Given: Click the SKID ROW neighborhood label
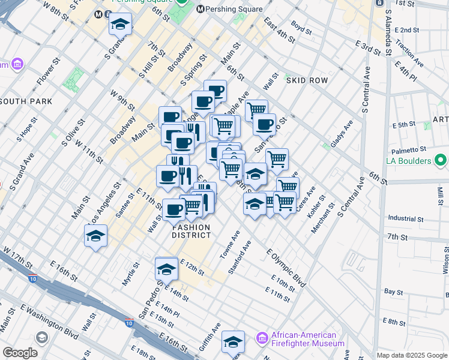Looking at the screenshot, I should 307,80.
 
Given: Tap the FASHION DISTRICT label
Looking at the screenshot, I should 192,231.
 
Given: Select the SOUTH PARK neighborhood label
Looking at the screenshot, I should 26,102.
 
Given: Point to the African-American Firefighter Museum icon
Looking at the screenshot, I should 262,339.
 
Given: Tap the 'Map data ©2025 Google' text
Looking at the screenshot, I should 411,355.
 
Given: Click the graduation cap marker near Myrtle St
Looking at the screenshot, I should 95,237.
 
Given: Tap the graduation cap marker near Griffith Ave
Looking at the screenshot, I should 233,343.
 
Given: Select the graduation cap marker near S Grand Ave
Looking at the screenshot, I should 120,25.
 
